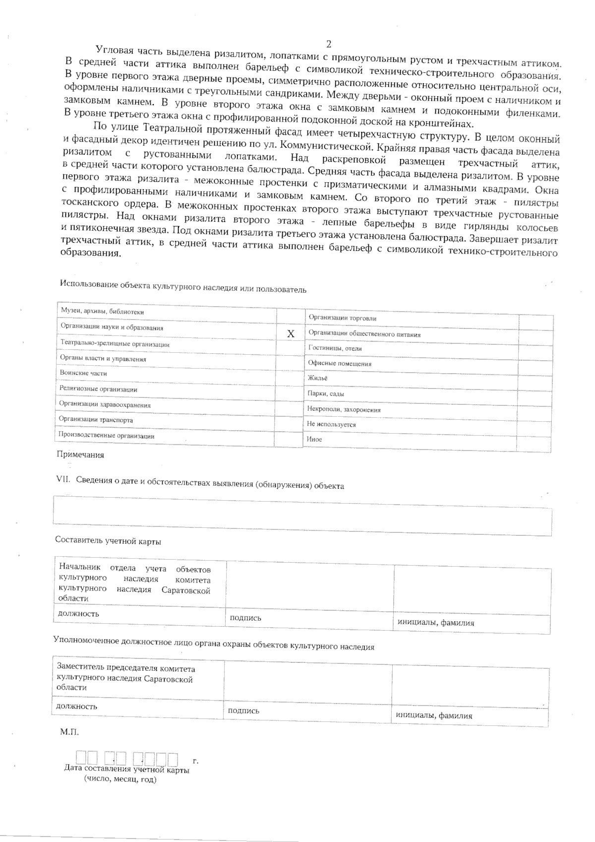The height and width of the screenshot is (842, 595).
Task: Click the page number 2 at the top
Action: [x=329, y=44]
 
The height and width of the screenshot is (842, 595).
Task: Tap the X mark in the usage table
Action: [x=291, y=334]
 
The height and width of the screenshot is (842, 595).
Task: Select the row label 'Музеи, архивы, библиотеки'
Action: [x=102, y=311]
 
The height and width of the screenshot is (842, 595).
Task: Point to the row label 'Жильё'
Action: [x=317, y=378]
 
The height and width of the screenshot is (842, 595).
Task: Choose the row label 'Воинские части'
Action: [x=83, y=373]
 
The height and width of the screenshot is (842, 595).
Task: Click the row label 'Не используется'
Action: [x=331, y=424]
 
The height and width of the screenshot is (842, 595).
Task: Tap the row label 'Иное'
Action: [x=314, y=439]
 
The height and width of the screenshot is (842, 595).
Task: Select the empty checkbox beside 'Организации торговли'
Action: [x=535, y=322]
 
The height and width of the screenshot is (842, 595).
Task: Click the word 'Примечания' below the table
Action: [x=80, y=454]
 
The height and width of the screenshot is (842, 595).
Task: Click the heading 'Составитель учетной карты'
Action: [x=108, y=541]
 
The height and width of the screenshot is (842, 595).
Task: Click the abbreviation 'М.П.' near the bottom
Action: [x=69, y=732]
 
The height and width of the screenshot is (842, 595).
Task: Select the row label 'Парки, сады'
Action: [x=326, y=393]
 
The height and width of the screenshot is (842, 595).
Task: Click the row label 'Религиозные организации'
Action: [x=98, y=389]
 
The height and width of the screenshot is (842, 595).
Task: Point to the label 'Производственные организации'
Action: [x=106, y=436]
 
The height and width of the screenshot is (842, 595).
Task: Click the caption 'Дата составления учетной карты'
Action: [x=127, y=770]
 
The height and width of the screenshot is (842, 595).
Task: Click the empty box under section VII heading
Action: [x=302, y=515]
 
